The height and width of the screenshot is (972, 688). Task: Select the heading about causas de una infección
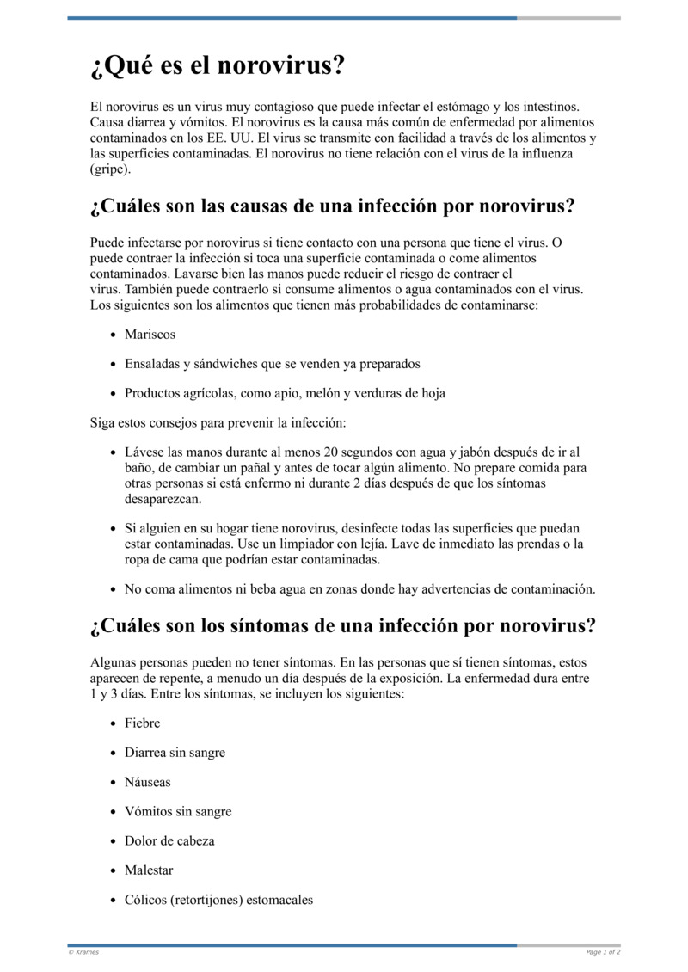pyautogui.click(x=332, y=207)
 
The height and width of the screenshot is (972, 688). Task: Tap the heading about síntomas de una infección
pyautogui.click(x=342, y=625)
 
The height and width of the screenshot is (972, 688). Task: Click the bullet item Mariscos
pyautogui.click(x=150, y=335)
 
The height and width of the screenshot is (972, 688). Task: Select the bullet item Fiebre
pyautogui.click(x=142, y=723)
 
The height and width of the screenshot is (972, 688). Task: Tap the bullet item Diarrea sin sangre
pyautogui.click(x=175, y=753)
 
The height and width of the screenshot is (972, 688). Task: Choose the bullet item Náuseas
pyautogui.click(x=148, y=782)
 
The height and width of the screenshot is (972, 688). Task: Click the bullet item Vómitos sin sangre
pyautogui.click(x=178, y=811)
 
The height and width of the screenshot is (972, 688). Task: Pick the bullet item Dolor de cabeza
pyautogui.click(x=169, y=840)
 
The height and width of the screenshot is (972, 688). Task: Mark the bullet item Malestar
pyautogui.click(x=149, y=870)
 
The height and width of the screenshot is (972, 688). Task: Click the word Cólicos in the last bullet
pyautogui.click(x=145, y=900)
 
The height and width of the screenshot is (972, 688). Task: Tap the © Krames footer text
pyautogui.click(x=83, y=952)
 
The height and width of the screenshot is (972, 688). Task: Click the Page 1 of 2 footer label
pyautogui.click(x=603, y=952)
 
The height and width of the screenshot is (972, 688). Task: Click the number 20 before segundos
pyautogui.click(x=331, y=452)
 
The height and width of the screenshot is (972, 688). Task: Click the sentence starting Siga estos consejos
pyautogui.click(x=218, y=422)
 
